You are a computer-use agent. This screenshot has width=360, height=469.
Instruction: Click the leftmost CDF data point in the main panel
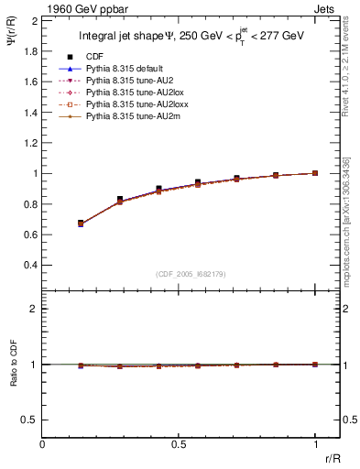click(x=82, y=223)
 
